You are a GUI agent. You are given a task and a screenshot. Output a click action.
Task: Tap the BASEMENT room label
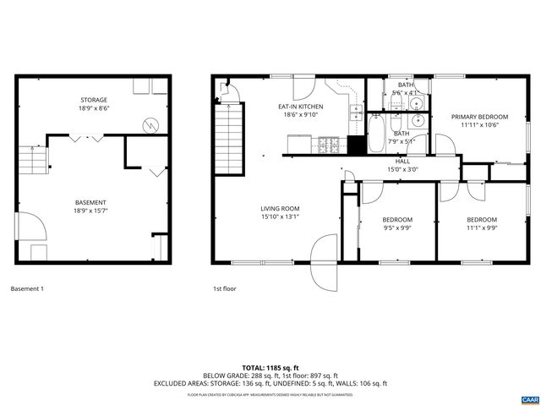90,202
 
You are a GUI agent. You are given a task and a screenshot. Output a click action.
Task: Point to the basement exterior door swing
28,226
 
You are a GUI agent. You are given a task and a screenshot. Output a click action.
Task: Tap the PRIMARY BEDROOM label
479,117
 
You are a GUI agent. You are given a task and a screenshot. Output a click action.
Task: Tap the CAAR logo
528,398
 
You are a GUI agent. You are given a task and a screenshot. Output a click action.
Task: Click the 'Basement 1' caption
27,289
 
